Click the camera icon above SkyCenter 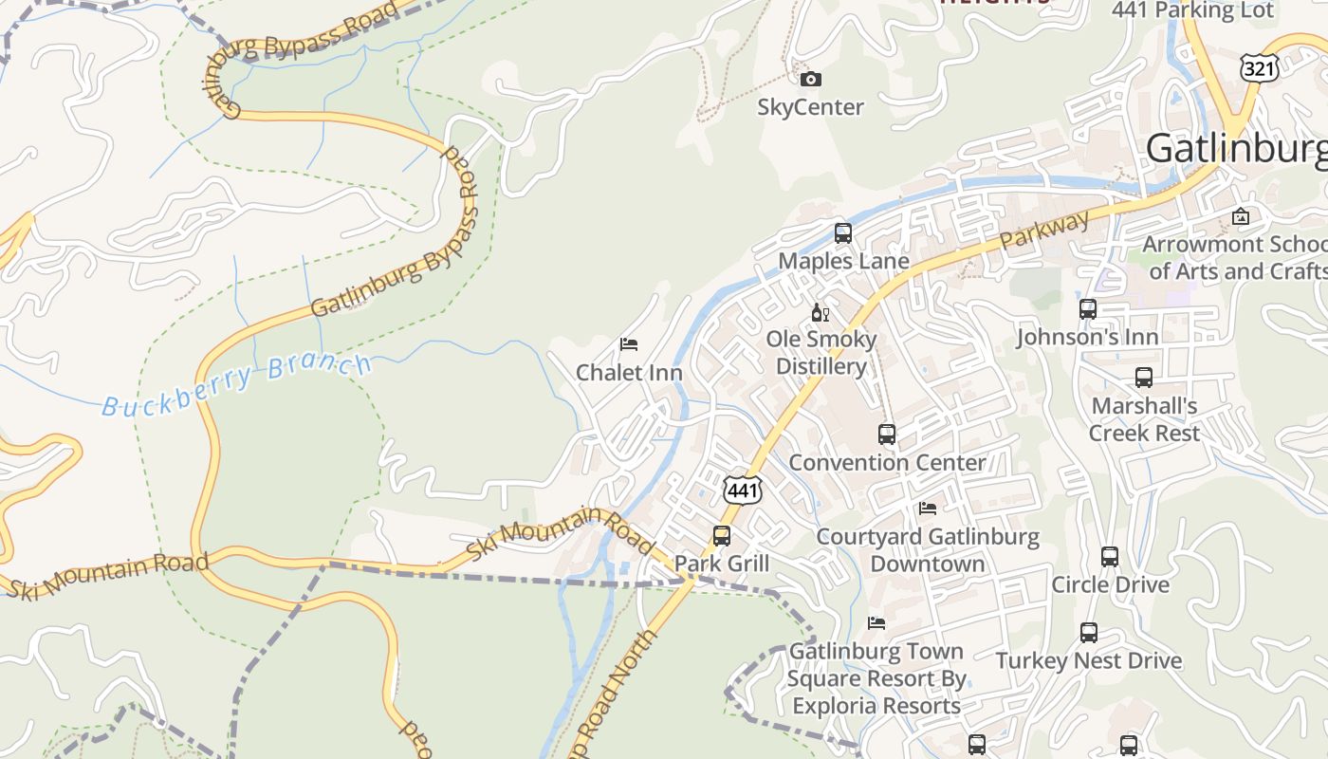click(810, 79)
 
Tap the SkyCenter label click(810, 107)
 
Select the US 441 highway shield click(742, 490)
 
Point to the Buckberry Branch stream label click(237, 383)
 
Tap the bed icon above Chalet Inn click(628, 343)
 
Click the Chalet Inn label click(629, 373)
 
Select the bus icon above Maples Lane click(842, 233)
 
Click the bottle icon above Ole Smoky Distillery click(820, 312)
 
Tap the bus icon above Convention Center click(887, 435)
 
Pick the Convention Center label click(887, 463)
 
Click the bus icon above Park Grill click(722, 536)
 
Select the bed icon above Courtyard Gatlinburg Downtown click(928, 509)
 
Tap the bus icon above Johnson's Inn click(1088, 309)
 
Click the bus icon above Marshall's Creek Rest click(1144, 378)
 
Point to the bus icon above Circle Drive click(1110, 557)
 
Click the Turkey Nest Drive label click(1088, 661)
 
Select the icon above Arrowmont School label click(1240, 216)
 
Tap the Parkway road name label click(1044, 231)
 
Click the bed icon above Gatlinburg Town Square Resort click(876, 623)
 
